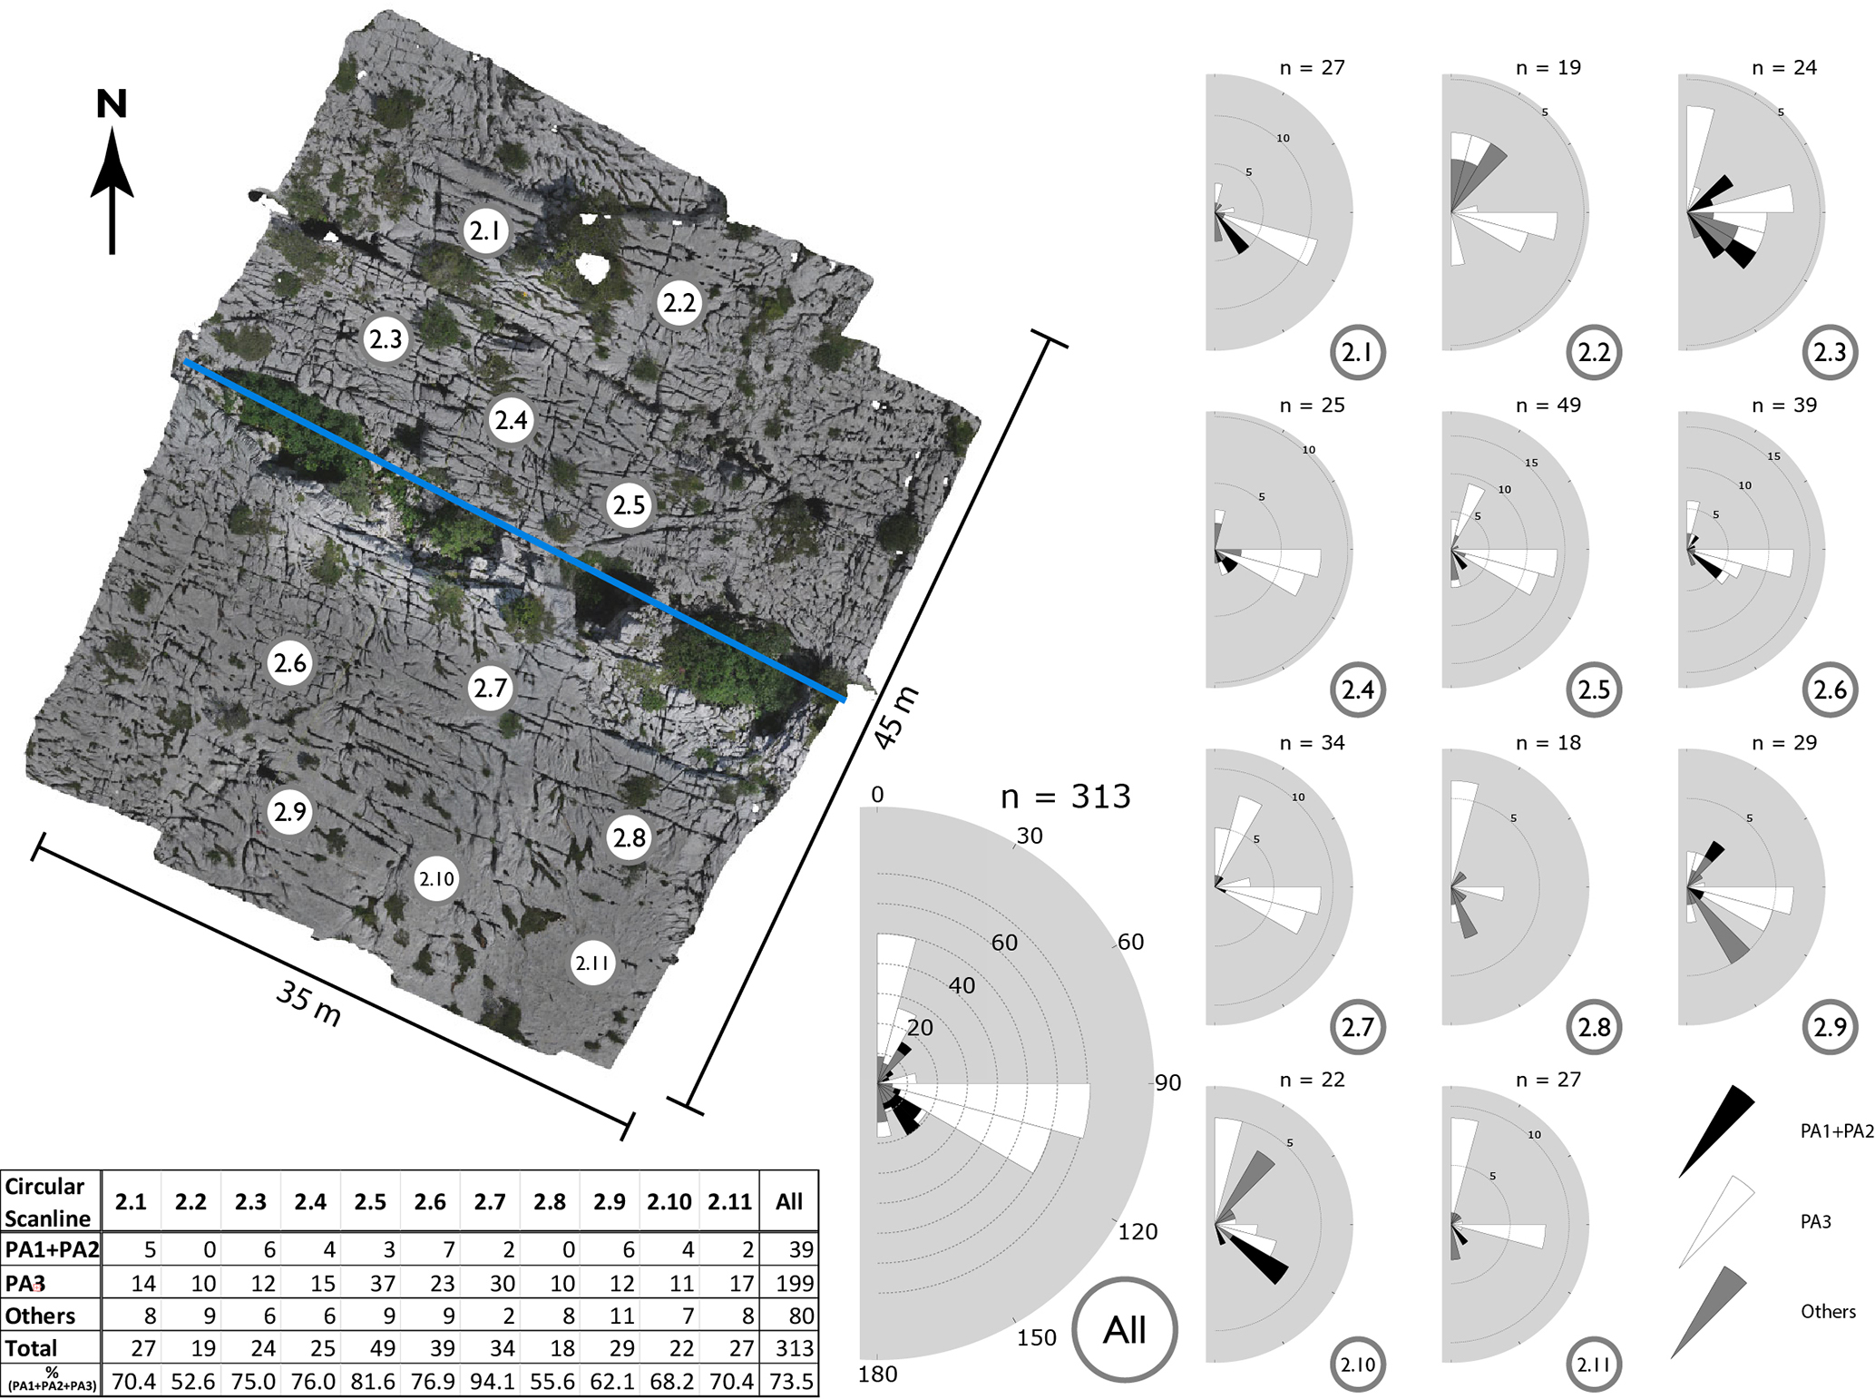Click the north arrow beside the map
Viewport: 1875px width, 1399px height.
click(112, 181)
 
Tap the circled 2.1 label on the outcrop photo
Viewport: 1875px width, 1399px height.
click(485, 231)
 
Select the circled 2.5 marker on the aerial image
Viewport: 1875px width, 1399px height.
click(630, 504)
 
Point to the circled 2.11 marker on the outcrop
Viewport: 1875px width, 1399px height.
click(592, 963)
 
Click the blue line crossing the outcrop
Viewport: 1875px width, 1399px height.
click(513, 531)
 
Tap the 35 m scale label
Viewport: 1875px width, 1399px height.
click(308, 1004)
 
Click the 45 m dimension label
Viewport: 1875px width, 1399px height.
click(896, 718)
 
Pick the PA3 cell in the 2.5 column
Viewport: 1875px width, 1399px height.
click(370, 1283)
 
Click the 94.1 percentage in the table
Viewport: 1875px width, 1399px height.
click(490, 1382)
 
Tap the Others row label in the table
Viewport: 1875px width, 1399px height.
click(40, 1316)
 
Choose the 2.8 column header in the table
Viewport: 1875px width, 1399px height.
click(550, 1201)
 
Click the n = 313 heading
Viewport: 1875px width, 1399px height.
click(1066, 797)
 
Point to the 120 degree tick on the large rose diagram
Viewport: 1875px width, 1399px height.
click(1138, 1231)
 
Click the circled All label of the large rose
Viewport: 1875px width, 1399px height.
click(1125, 1330)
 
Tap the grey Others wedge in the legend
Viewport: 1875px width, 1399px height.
click(1710, 1306)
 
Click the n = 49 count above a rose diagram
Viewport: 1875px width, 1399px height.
click(1548, 406)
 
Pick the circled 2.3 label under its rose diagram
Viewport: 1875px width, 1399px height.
click(1830, 352)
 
